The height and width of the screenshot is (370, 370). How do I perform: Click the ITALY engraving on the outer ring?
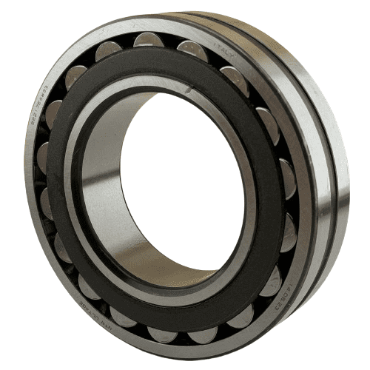pyautogui.click(x=218, y=47)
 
